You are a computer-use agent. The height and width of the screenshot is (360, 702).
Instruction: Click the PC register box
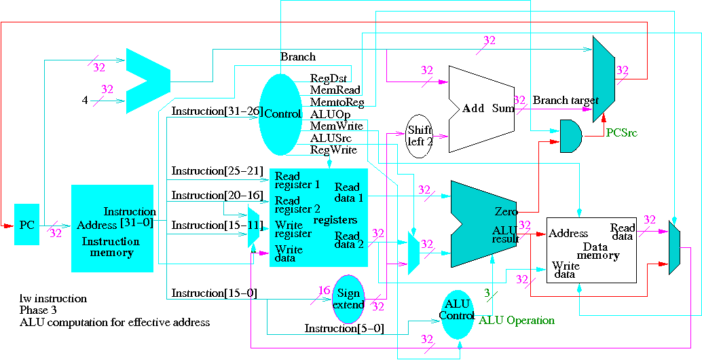coord(26,224)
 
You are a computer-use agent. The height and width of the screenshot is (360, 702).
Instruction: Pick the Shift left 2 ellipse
coord(420,136)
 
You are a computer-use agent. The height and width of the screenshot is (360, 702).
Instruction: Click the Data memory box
coord(591,249)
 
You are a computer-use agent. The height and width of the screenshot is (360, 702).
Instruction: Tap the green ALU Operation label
coord(517,321)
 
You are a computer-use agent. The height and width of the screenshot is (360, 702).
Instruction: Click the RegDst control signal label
coord(329,78)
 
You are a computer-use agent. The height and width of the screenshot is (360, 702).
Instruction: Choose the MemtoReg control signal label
coord(337,103)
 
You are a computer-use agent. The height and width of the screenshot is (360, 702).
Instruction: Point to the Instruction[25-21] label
coord(217,170)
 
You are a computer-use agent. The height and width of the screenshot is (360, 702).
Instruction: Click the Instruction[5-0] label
coord(344,329)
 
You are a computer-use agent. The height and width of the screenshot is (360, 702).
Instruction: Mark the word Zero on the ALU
coord(501,211)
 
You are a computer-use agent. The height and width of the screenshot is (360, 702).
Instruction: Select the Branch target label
coord(566,101)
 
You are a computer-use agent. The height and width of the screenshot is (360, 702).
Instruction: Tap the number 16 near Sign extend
coord(324,291)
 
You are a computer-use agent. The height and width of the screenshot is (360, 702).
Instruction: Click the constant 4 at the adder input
coord(85,101)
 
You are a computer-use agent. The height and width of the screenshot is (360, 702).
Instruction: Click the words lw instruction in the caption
coord(53,298)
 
